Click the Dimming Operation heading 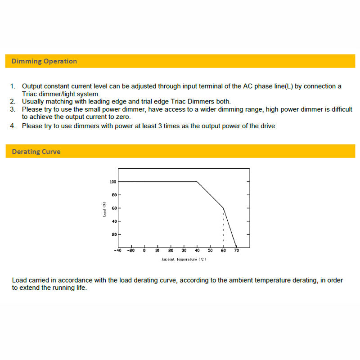pos(44,61)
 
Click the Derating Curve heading pos(36,152)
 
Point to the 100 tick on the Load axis pos(113,182)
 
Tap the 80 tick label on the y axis pos(114,195)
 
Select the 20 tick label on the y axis pos(114,234)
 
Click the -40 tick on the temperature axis pos(117,251)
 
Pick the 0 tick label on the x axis pos(144,251)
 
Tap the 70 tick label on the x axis pos(236,251)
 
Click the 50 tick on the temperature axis pos(210,251)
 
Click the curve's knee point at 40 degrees pos(197,182)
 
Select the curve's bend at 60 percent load pos(223,207)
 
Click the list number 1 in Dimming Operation pos(13,86)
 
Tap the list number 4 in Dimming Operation pos(13,126)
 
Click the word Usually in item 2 pos(34,102)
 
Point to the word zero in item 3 pos(121,117)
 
